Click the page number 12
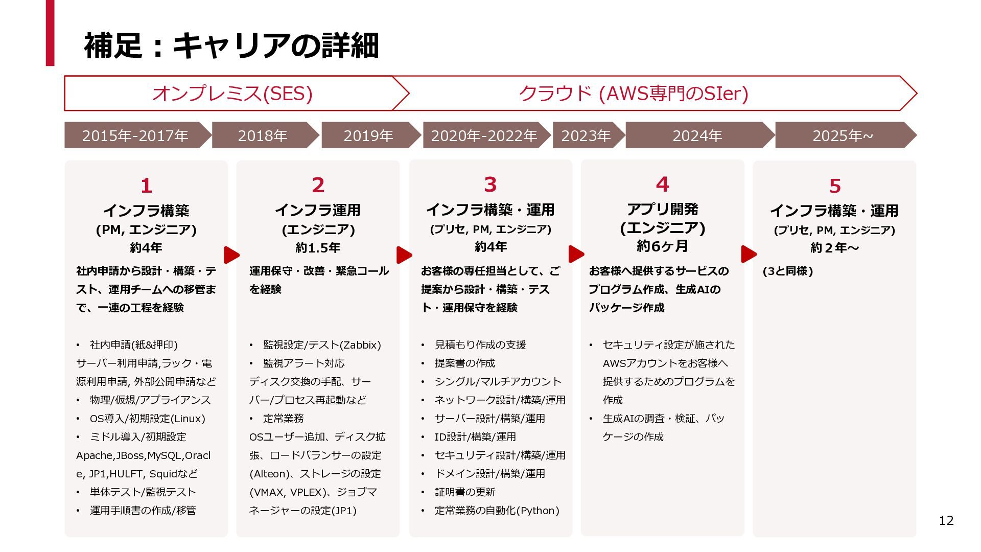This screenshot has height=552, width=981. tap(946, 520)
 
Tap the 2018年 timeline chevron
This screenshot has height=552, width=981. tap(263, 135)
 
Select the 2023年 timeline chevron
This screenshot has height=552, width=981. tap(586, 135)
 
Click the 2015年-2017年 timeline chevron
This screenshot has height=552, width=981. tap(135, 135)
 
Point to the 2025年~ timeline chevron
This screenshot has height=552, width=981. tap(843, 135)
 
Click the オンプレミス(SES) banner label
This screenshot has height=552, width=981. tap(232, 94)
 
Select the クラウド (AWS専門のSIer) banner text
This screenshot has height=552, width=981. tap(634, 94)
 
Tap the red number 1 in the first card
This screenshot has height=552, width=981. tap(146, 186)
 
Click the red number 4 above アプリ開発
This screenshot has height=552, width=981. tap(662, 185)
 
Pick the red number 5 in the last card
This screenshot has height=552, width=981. tap(834, 186)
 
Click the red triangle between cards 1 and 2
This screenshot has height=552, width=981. tap(231, 255)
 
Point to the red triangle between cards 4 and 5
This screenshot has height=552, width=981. tap(749, 254)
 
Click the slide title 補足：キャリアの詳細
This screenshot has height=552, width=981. tap(231, 45)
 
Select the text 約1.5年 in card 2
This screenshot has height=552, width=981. tap(318, 248)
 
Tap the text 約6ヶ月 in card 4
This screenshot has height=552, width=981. tap(662, 246)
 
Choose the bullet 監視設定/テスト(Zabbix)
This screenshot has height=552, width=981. tap(322, 345)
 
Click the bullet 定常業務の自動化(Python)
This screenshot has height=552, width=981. tap(497, 511)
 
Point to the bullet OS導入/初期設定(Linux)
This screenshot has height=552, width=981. tap(147, 419)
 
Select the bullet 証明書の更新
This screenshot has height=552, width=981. tap(465, 492)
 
